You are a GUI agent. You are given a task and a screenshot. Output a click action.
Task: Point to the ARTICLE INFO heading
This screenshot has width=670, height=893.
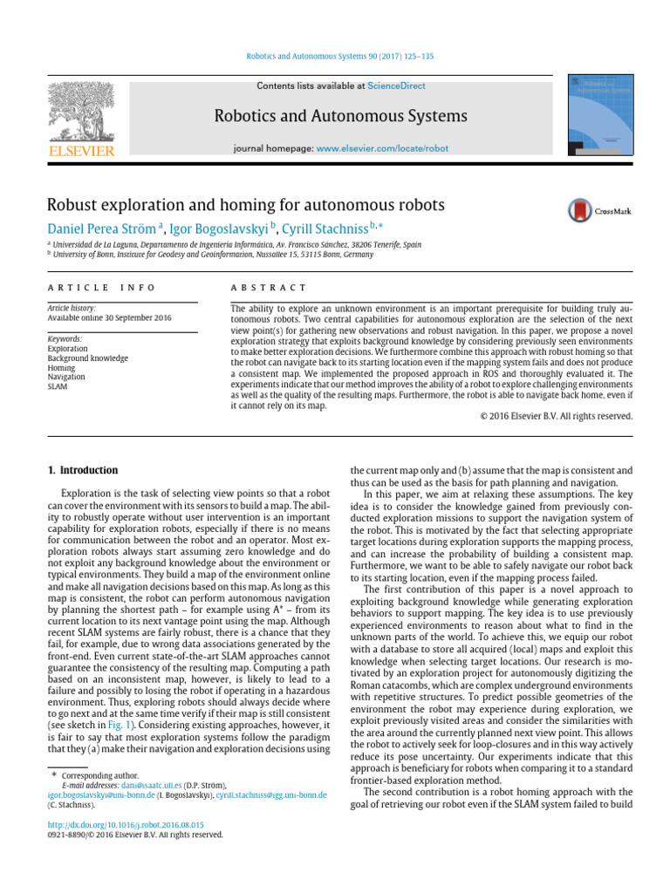coord(101,288)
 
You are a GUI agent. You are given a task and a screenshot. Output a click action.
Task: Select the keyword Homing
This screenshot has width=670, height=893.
coord(62,367)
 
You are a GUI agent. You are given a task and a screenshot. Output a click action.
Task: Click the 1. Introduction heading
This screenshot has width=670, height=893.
coord(82,470)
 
